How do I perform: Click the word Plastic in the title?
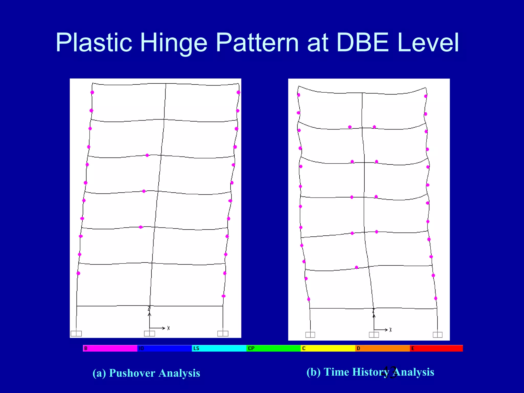click(94, 43)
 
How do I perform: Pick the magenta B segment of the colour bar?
click(110, 348)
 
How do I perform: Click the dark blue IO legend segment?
click(165, 348)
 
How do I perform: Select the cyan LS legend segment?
click(219, 348)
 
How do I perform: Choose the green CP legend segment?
click(273, 348)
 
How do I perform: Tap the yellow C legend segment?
click(328, 348)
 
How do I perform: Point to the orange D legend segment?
click(382, 348)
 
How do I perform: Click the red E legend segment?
click(436, 348)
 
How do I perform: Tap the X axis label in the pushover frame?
click(168, 328)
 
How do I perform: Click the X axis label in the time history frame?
click(390, 330)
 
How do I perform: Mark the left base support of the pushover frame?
click(76, 333)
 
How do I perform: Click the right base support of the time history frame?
click(438, 335)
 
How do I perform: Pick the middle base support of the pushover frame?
click(149, 333)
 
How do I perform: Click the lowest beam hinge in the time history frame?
click(357, 267)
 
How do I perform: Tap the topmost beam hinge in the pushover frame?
click(147, 155)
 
